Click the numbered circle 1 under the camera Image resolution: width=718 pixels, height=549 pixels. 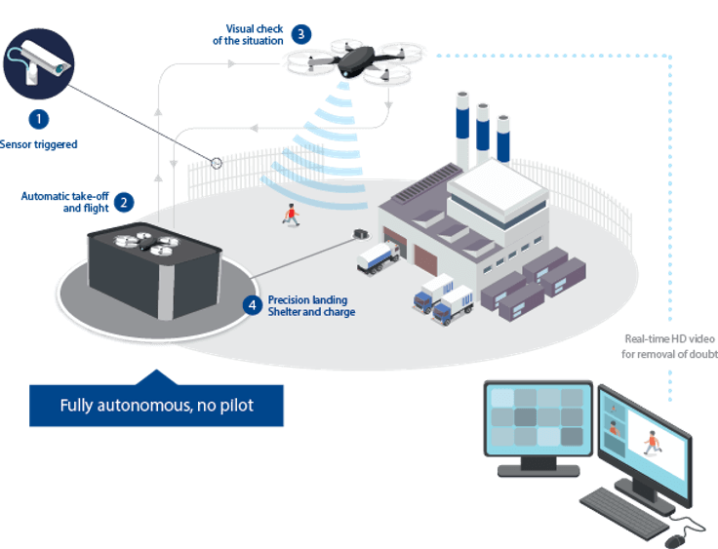[x=38, y=120]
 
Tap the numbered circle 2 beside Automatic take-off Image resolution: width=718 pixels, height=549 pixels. [x=124, y=203]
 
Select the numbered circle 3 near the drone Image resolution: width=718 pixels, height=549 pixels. [x=300, y=33]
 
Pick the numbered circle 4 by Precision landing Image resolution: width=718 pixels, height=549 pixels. [x=253, y=305]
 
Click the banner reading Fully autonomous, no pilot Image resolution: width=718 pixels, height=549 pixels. [x=156, y=405]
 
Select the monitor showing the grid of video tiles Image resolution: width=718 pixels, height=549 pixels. [x=538, y=419]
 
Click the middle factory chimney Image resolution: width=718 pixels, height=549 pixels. [x=482, y=132]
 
